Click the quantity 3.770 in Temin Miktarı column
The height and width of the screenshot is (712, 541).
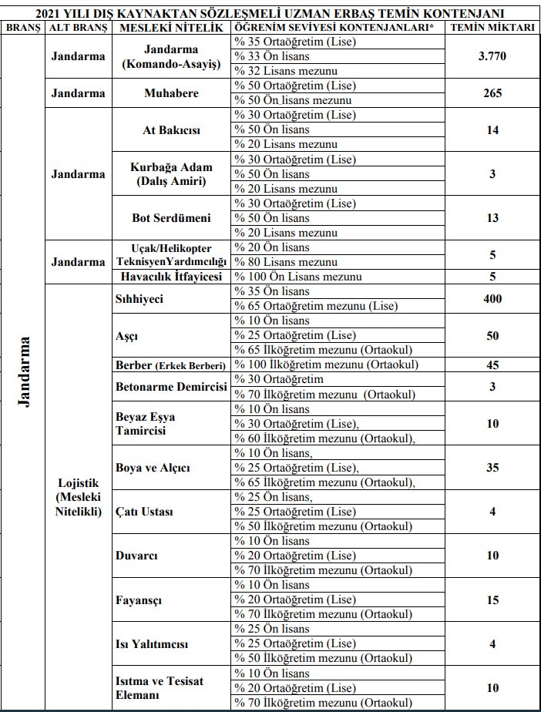click(492, 56)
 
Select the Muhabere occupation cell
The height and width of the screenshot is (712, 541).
click(171, 93)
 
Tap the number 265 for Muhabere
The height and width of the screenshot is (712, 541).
click(492, 93)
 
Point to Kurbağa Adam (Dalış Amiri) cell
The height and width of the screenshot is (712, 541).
click(170, 174)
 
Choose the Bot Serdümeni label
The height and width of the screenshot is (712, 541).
click(171, 218)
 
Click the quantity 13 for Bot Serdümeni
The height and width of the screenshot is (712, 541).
click(492, 218)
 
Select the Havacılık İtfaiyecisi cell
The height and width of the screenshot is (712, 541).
click(171, 277)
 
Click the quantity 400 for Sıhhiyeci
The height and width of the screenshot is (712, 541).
click(492, 298)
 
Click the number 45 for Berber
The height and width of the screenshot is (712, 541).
click(492, 365)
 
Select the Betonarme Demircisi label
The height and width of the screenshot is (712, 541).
click(166, 387)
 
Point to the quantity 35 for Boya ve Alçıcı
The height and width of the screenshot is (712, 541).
click(492, 468)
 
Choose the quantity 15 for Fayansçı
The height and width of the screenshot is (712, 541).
click(492, 599)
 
